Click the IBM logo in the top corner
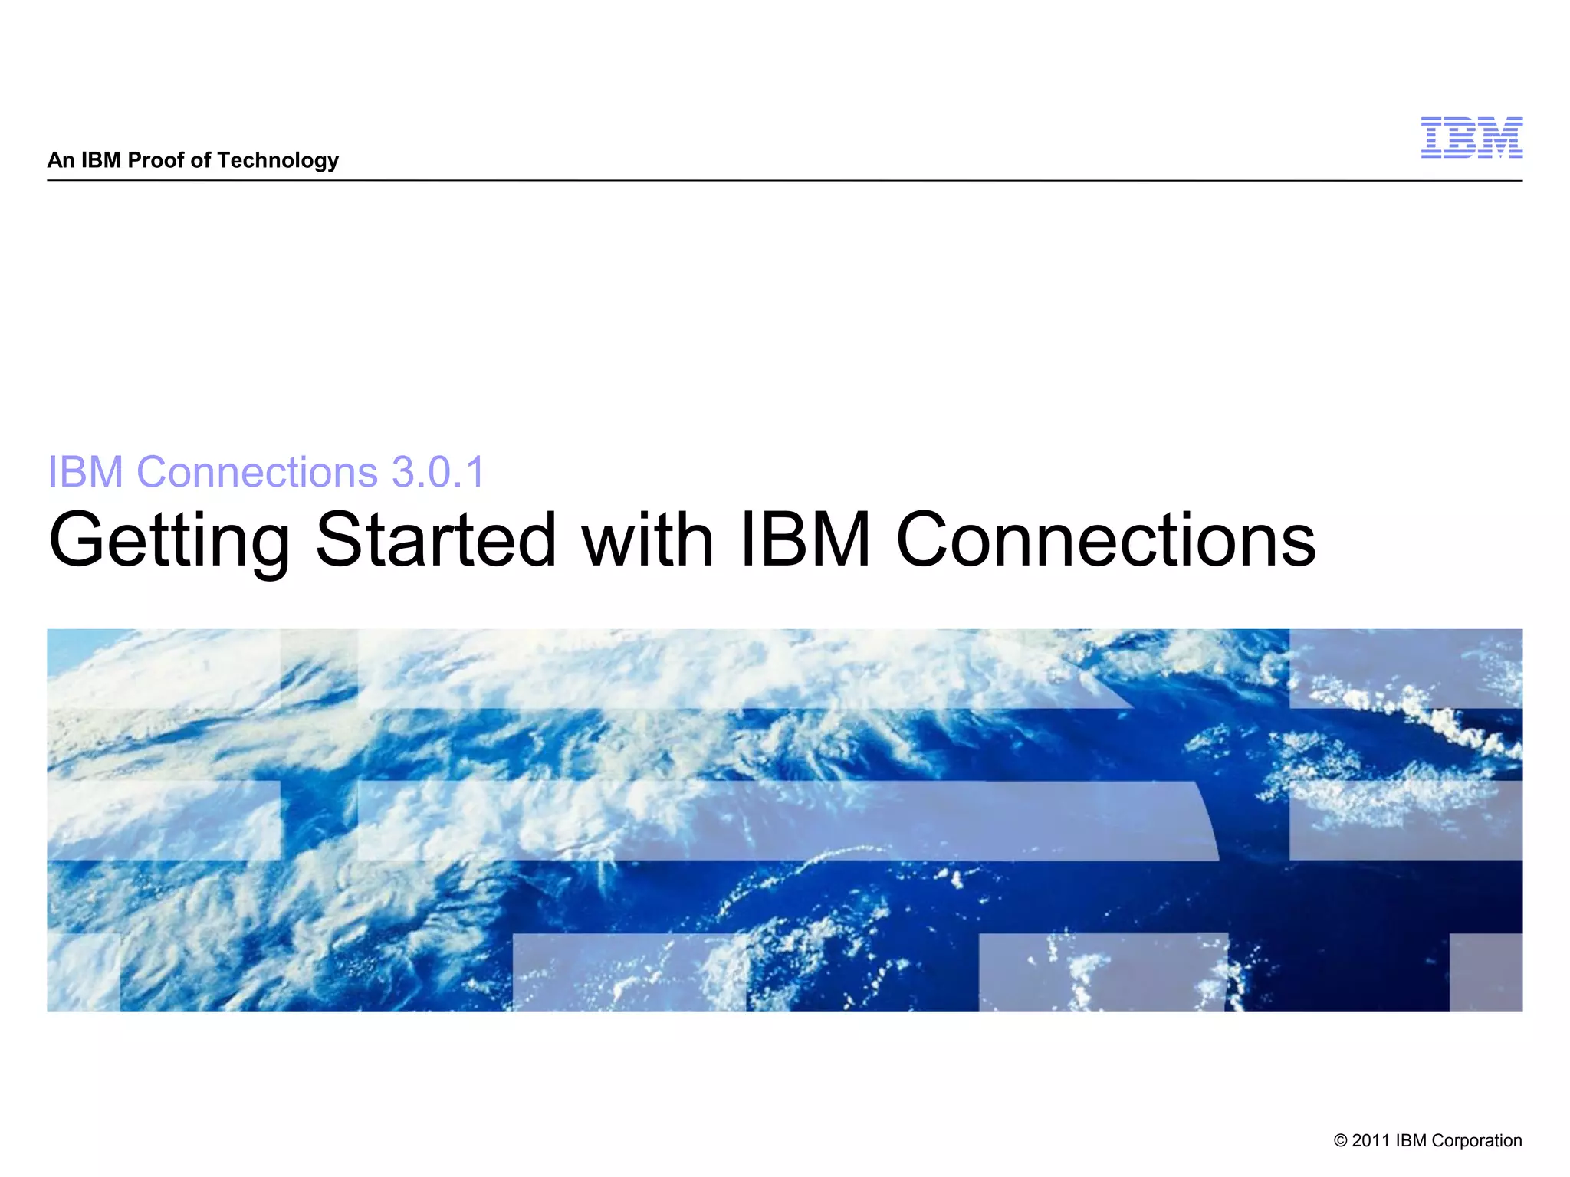click(1471, 138)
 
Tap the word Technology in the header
click(278, 161)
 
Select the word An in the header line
click(61, 160)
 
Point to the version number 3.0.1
click(438, 471)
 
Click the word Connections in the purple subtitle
click(257, 471)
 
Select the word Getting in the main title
click(169, 541)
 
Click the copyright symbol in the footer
click(1340, 1141)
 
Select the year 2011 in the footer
click(1371, 1141)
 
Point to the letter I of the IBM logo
click(1431, 138)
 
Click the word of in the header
click(200, 160)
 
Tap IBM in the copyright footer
click(1411, 1141)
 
